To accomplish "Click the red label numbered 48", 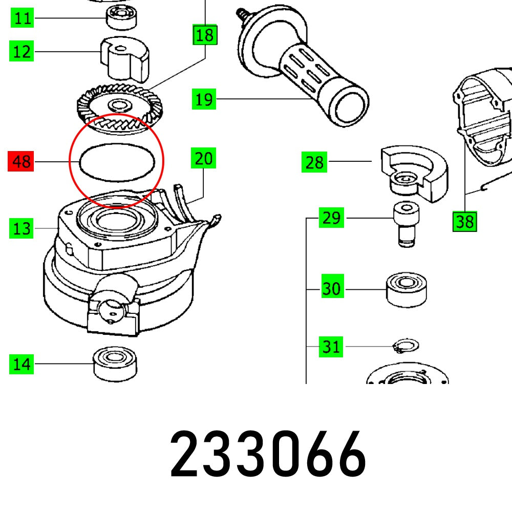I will (21, 162).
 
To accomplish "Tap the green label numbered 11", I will (22, 19).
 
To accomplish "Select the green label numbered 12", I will (22, 52).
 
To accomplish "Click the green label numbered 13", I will (22, 228).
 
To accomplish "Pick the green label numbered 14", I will (22, 365).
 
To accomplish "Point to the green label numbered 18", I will (204, 35).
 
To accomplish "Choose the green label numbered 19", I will (204, 99).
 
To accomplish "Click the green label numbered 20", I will (203, 159).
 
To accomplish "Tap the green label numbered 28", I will (314, 163).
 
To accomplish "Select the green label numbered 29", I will (331, 219).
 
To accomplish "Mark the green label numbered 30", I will (331, 289).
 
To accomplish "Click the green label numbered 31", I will (331, 347).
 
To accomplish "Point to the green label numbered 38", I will (465, 222).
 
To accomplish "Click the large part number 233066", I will (268, 453).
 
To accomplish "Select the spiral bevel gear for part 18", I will (119, 107).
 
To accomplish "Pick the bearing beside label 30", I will (407, 289).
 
